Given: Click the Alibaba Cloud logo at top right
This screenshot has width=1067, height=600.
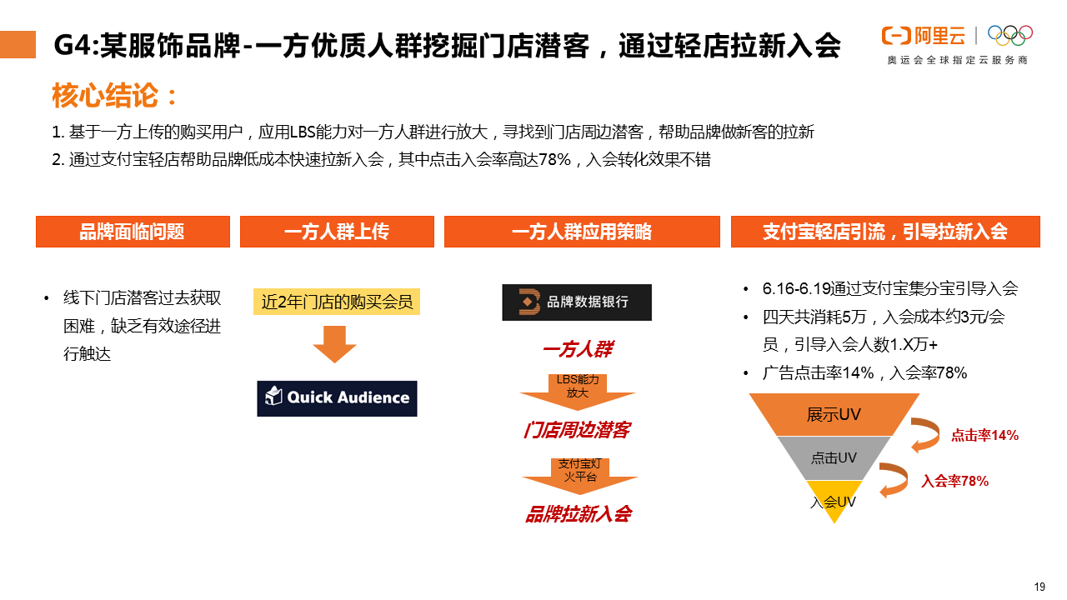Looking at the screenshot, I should click(x=923, y=36).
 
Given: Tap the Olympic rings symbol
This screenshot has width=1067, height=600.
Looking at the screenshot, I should click(x=1009, y=35).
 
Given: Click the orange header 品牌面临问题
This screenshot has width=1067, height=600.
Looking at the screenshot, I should click(x=133, y=232).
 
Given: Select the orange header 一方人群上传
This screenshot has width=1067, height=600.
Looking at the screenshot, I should click(x=337, y=232).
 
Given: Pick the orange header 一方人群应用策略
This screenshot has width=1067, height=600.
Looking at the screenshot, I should click(x=582, y=232).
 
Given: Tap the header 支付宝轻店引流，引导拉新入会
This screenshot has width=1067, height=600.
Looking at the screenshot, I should click(x=885, y=232).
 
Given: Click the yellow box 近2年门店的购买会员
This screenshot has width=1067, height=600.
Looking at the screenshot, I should click(x=337, y=301).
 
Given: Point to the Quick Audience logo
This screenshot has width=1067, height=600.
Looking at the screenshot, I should click(x=337, y=398).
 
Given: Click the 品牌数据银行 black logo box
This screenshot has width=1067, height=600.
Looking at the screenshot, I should click(x=577, y=302).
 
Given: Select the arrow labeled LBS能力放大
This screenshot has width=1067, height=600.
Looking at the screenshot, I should click(x=578, y=388).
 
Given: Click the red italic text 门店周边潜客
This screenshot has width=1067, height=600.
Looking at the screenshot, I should click(x=577, y=430).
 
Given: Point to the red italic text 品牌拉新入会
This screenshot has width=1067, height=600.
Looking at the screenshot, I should click(x=578, y=514).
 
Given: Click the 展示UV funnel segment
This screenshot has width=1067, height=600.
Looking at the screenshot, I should click(x=834, y=415).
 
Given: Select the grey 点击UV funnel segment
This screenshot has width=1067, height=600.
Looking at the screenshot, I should click(x=834, y=458).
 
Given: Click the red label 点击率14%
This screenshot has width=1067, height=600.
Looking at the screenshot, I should click(x=984, y=435).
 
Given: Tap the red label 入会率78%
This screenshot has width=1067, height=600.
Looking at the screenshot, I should click(x=954, y=481).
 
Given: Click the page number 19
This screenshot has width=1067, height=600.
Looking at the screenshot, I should click(x=1039, y=587).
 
